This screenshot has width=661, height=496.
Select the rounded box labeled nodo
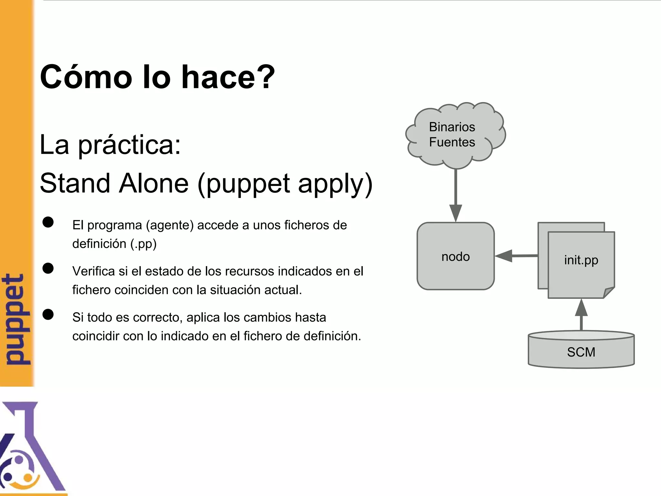(455, 256)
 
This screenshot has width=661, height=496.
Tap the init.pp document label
(581, 260)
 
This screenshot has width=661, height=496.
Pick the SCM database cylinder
(581, 350)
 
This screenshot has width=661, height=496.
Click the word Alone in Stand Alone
(154, 183)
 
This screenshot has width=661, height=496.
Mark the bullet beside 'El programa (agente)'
(48, 222)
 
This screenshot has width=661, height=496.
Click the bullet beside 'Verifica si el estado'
(48, 268)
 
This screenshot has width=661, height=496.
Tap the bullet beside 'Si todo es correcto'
(48, 315)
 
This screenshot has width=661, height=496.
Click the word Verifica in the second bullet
(94, 271)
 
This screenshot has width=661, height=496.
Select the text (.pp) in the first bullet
(143, 244)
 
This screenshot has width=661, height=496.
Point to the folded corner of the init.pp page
(609, 292)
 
